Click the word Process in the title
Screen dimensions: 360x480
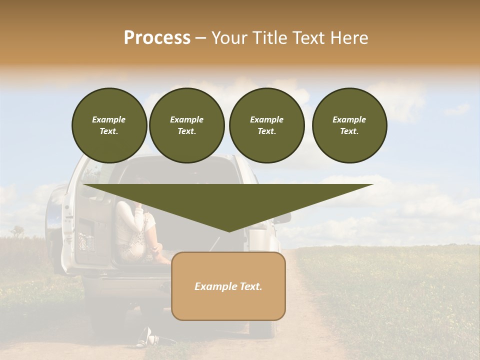pos(157,38)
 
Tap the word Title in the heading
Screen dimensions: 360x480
pos(281,38)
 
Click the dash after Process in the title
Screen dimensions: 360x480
pos(201,39)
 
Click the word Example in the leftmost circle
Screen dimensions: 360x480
pos(109,119)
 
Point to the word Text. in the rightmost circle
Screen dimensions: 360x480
pos(349,131)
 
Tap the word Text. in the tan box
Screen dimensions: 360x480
pos(250,286)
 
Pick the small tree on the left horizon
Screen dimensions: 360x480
pos(18,231)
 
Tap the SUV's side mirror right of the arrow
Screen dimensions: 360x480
pos(283,218)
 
